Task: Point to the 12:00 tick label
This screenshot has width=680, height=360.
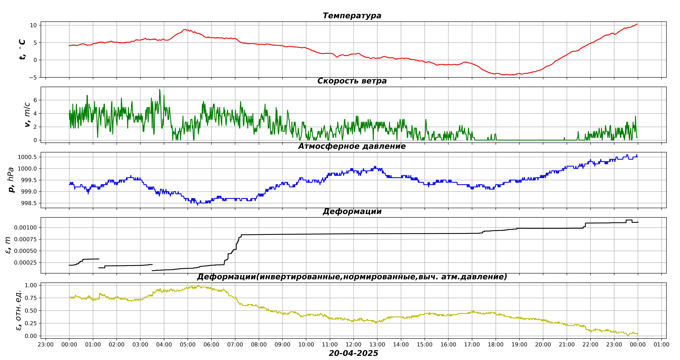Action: point(353,345)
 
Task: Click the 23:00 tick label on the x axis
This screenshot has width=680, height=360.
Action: point(46,345)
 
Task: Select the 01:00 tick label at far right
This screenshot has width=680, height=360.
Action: point(661,345)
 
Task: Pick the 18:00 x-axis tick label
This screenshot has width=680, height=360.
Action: point(495,345)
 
